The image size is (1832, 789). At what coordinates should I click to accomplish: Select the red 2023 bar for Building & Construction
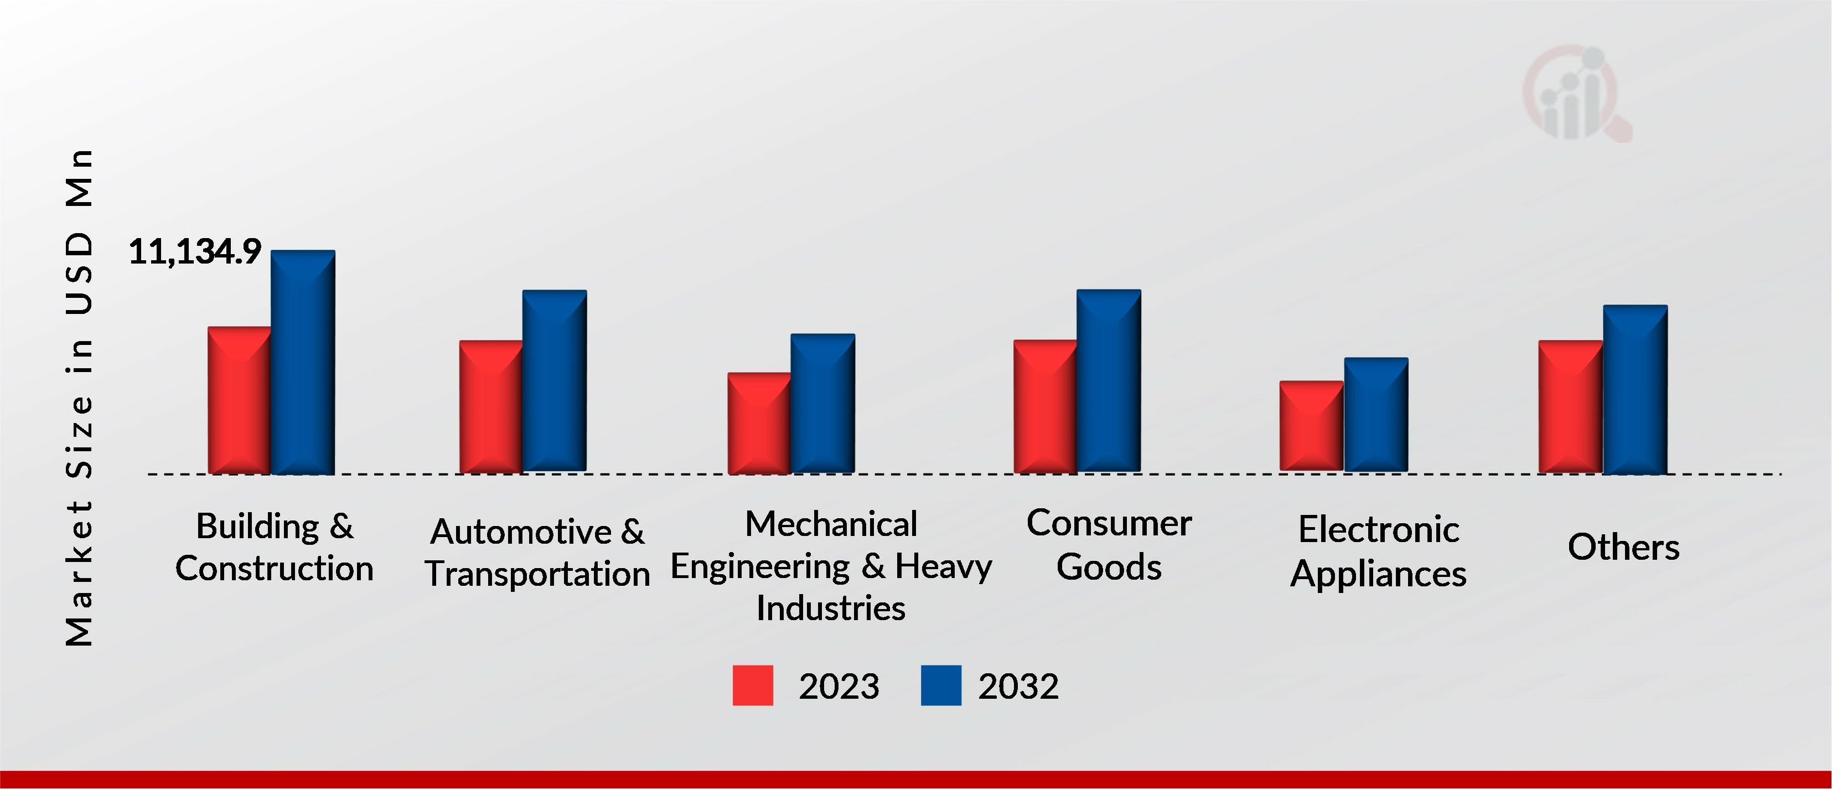[239, 400]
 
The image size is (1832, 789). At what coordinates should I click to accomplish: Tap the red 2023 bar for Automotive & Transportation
[491, 406]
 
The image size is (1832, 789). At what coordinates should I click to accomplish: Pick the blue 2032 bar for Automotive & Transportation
[555, 380]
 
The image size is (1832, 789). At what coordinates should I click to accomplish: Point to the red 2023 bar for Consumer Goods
[1045, 406]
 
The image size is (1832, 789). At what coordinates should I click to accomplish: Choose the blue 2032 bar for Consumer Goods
[1109, 380]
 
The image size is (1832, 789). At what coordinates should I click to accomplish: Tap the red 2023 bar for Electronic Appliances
[1311, 426]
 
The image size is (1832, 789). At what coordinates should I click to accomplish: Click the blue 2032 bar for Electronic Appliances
[1376, 414]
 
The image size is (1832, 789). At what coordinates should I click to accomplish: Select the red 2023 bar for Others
[1570, 406]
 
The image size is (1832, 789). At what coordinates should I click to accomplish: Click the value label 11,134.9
[195, 252]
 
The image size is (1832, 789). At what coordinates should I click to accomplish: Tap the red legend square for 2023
[752, 685]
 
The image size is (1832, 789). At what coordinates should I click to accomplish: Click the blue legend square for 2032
[940, 685]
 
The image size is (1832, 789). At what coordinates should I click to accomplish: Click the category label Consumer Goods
[1109, 545]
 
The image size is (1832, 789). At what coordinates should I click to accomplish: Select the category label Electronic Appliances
[1378, 551]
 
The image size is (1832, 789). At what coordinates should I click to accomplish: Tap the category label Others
[1624, 547]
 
